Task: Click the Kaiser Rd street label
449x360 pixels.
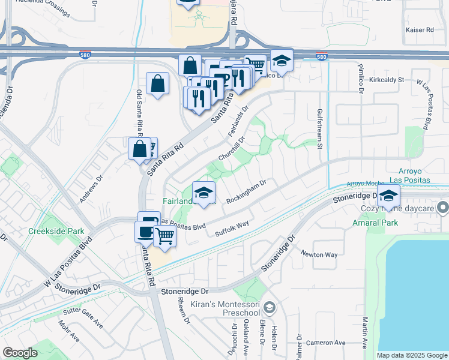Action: (420, 29)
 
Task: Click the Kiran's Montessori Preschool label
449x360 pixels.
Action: (224, 309)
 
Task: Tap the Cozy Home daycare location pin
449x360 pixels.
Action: (443, 208)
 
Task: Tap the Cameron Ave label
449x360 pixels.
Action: (325, 343)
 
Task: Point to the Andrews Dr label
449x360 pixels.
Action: (91, 188)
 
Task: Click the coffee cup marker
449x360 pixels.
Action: (145, 230)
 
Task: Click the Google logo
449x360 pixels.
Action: (20, 353)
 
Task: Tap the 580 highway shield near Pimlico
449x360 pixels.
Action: (322, 57)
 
